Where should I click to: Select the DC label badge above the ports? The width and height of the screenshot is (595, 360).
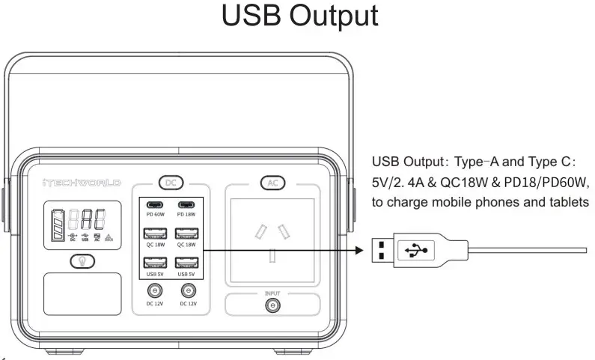click(170, 182)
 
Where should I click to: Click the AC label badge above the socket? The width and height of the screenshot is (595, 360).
click(272, 182)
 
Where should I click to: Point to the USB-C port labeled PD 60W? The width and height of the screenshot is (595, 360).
click(154, 206)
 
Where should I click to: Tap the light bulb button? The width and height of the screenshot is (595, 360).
click(81, 260)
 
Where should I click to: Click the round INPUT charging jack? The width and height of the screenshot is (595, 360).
click(273, 305)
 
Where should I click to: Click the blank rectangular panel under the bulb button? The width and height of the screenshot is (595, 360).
click(82, 293)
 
